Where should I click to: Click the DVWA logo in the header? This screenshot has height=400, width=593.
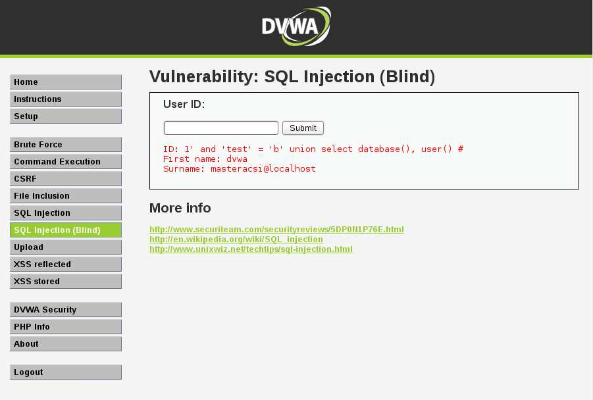click(296, 26)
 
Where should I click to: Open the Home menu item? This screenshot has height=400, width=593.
click(66, 82)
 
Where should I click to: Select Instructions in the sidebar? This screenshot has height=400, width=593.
click(66, 99)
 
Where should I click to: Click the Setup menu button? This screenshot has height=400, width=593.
click(66, 116)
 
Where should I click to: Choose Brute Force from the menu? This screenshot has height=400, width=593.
click(66, 145)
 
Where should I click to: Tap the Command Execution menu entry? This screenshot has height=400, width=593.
click(66, 162)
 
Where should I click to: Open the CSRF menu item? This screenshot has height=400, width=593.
click(66, 179)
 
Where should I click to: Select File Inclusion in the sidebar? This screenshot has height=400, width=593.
click(66, 196)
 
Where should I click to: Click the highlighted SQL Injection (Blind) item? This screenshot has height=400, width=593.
click(66, 230)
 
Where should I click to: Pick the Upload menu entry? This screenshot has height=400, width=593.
click(66, 247)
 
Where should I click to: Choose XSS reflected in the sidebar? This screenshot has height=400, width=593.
click(66, 264)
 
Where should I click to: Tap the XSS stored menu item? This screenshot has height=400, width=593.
click(66, 282)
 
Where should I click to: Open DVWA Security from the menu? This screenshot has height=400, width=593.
click(66, 310)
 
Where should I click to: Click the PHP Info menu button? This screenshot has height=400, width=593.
click(66, 327)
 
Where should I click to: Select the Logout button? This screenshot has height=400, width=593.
click(66, 372)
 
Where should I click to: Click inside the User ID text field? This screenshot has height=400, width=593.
click(221, 128)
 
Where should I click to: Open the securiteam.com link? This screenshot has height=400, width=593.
click(276, 230)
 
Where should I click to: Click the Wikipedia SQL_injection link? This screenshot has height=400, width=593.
click(236, 239)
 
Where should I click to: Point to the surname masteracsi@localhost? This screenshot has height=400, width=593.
click(263, 169)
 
